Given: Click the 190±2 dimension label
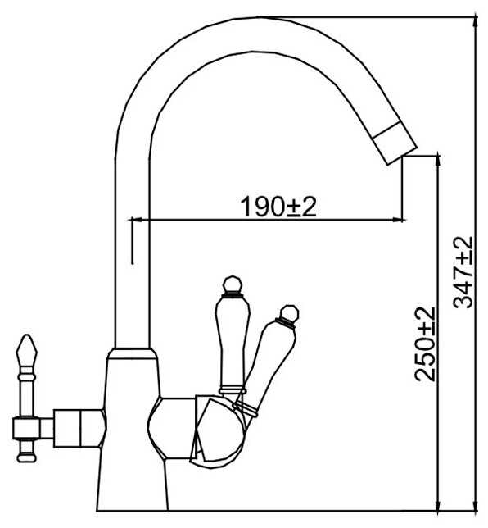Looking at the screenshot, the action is (x=278, y=207).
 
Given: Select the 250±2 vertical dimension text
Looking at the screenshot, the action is (x=424, y=344).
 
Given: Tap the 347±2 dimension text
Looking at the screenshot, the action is (x=463, y=272).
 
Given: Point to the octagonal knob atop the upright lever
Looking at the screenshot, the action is (x=233, y=284).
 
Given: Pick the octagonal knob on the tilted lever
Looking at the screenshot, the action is (x=289, y=313).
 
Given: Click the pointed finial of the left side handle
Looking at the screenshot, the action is (x=26, y=350).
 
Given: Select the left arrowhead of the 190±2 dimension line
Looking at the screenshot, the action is (x=136, y=221).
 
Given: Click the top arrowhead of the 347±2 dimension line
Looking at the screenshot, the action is (x=475, y=20).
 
